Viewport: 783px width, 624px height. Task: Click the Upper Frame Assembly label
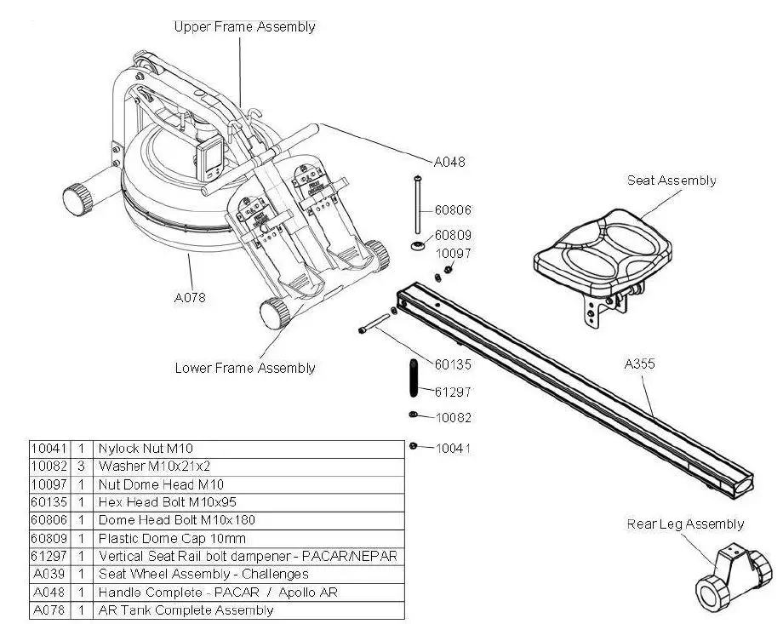point(244,26)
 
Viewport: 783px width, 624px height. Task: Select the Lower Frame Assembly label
point(244,368)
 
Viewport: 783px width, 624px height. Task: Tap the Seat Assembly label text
point(672,180)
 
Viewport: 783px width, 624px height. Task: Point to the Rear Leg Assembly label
point(685,524)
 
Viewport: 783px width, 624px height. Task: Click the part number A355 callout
point(639,364)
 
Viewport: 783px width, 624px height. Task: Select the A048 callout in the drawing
point(450,162)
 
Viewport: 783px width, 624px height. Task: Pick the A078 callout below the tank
point(190,297)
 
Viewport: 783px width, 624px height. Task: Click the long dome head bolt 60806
point(417,204)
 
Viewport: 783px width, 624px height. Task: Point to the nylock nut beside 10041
point(413,446)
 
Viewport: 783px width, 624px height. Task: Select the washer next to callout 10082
point(412,415)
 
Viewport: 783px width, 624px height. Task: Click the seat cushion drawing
point(603,250)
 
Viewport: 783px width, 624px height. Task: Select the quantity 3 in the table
point(81,466)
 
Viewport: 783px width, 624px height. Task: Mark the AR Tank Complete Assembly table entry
point(186,610)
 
